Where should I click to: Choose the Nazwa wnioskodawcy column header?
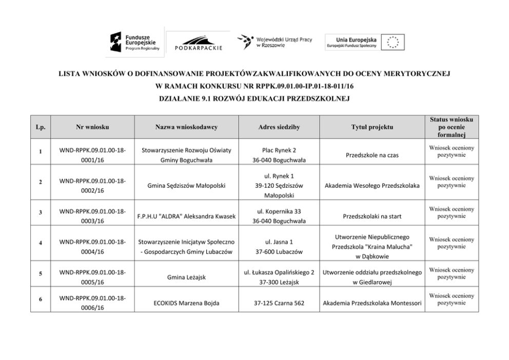(186, 126)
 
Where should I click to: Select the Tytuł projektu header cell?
(372, 126)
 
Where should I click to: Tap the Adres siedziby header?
(280, 126)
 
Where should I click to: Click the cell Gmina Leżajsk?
(186, 277)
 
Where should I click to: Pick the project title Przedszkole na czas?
(372, 154)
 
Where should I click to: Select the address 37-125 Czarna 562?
(280, 303)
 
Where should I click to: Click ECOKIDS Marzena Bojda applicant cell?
(186, 303)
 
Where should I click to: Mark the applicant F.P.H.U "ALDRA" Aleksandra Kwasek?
(186, 216)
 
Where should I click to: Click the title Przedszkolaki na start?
(372, 216)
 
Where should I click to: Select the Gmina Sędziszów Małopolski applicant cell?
(186, 186)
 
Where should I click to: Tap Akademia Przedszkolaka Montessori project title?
(372, 303)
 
